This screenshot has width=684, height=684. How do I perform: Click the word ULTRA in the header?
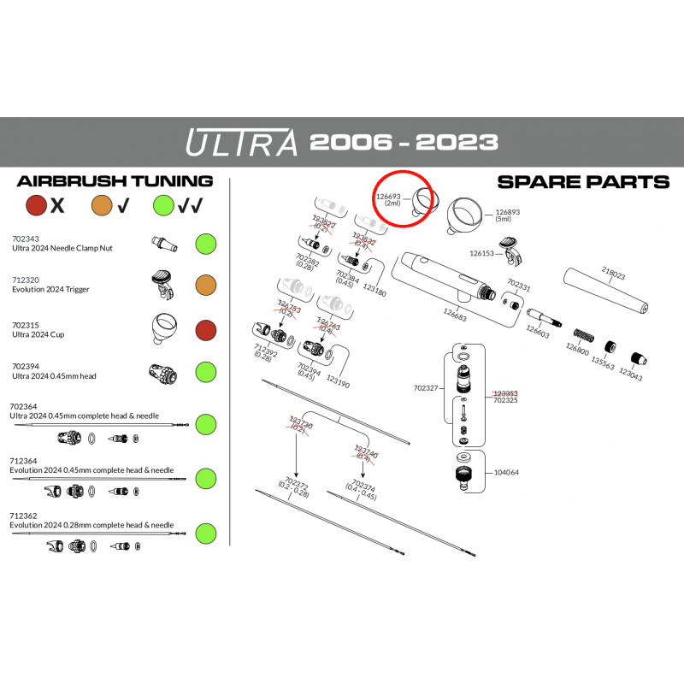point(241,141)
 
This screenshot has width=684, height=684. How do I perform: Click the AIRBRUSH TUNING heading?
point(115,181)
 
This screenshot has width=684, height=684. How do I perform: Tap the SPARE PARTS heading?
point(582,181)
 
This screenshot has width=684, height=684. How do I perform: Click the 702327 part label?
point(425,387)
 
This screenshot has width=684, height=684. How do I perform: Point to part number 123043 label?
point(631,375)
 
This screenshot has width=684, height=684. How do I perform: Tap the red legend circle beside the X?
point(36,205)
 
